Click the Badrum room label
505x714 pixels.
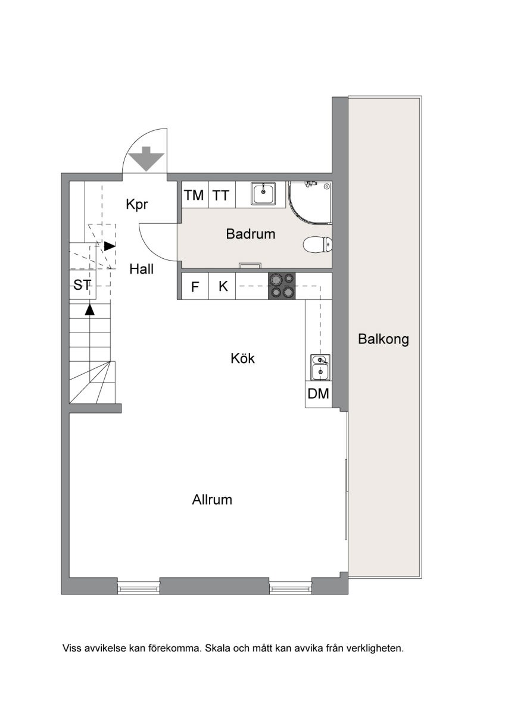[251, 234]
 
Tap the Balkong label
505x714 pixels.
[383, 339]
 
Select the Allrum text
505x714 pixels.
[212, 499]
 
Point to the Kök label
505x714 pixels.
[242, 358]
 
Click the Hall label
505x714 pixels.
[141, 269]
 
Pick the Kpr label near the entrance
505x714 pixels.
[137, 204]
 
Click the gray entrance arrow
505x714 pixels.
[146, 158]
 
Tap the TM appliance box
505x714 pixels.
[195, 195]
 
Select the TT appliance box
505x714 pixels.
[222, 195]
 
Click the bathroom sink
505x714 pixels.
[263, 193]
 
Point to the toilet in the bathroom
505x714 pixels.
[317, 245]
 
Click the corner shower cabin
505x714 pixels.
[310, 203]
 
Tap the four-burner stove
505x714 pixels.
[282, 286]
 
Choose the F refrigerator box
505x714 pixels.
[195, 286]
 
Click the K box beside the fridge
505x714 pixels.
[222, 286]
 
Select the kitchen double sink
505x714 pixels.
[320, 367]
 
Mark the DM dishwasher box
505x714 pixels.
[319, 394]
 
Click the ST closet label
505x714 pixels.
[82, 285]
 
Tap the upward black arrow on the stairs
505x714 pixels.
[90, 310]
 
